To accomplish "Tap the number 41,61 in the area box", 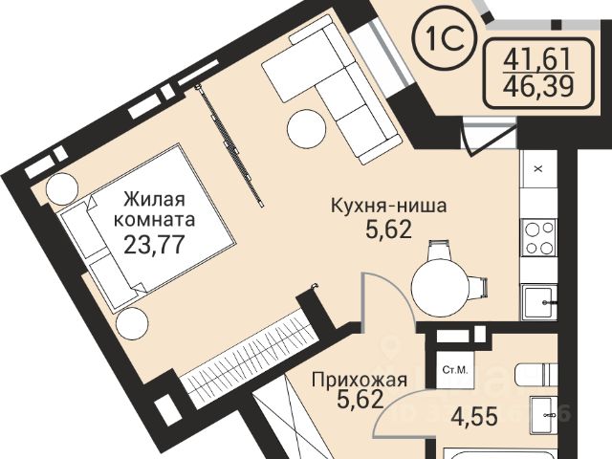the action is click(537, 59).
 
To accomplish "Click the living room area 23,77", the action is click(153, 245).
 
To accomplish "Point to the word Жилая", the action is click(154, 200).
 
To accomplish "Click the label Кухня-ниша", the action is click(388, 206).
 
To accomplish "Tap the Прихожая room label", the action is click(360, 380).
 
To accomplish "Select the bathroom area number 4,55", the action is click(474, 417).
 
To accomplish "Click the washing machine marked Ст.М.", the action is click(455, 370).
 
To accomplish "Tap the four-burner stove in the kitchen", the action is click(539, 237).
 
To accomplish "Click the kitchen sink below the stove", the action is click(539, 302).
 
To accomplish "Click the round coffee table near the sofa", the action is click(306, 129).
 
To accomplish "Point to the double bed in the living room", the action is click(146, 229).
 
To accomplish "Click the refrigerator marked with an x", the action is click(539, 169).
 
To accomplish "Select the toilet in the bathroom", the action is click(535, 375).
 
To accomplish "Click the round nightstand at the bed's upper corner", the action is click(62, 189).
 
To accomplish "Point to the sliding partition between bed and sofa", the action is click(229, 144).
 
